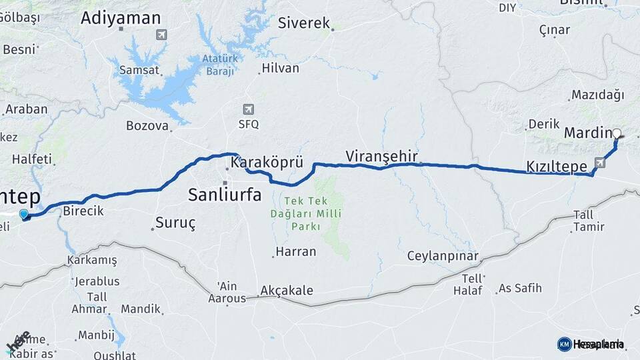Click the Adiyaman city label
(x=121, y=18)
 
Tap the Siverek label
(x=304, y=23)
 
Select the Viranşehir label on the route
(x=381, y=156)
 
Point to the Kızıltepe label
(x=556, y=166)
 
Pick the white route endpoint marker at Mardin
(x=617, y=133)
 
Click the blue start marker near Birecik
(x=24, y=215)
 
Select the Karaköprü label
(x=267, y=162)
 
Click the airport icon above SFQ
(x=249, y=109)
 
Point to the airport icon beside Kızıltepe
(x=600, y=162)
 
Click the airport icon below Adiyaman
(x=160, y=35)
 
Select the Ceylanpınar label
(x=443, y=257)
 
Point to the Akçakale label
(x=287, y=291)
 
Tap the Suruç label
(x=175, y=223)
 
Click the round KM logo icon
(x=564, y=344)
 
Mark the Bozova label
(x=147, y=125)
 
